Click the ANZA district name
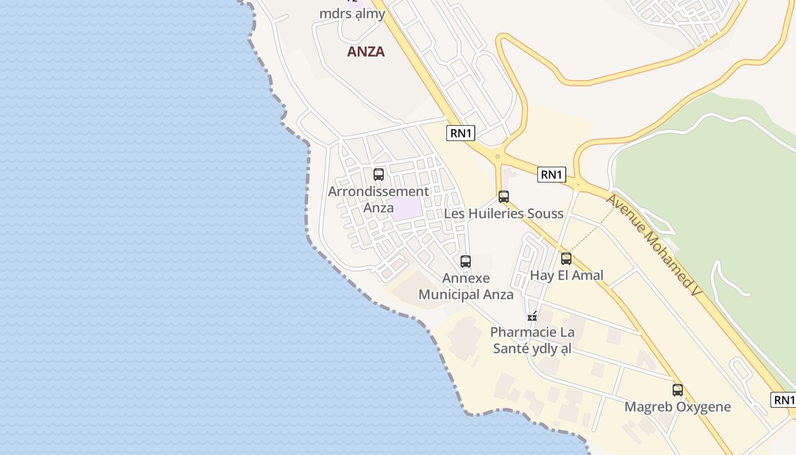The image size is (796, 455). (366, 52)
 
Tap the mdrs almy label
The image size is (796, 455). (352, 14)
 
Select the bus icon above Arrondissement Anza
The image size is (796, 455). (379, 175)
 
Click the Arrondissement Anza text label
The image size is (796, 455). (378, 199)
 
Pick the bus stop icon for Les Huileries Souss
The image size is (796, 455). (504, 197)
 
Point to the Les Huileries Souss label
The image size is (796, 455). (503, 214)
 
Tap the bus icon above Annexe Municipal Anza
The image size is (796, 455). (466, 262)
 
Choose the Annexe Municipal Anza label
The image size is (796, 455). (466, 286)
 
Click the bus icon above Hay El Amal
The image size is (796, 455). (566, 259)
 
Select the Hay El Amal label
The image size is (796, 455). (566, 275)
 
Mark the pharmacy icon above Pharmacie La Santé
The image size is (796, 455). (532, 316)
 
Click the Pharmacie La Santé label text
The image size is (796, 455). (532, 340)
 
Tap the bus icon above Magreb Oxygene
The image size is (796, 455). (678, 390)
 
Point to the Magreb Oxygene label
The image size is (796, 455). (677, 407)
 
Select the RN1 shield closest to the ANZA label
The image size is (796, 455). (461, 133)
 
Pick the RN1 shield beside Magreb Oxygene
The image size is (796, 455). (783, 400)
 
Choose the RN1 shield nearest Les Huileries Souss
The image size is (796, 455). (552, 175)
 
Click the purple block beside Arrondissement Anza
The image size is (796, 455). (407, 208)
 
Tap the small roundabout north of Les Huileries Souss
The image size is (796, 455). (498, 156)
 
